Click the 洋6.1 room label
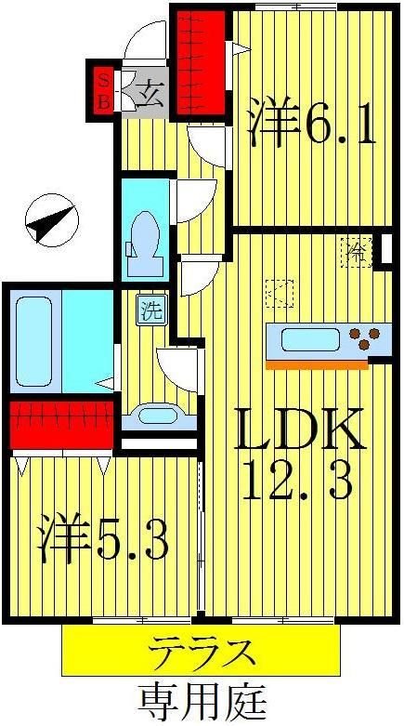(312, 125)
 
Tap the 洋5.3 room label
(103, 542)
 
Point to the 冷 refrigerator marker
(357, 248)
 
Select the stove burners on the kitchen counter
(361, 335)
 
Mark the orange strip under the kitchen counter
(316, 364)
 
